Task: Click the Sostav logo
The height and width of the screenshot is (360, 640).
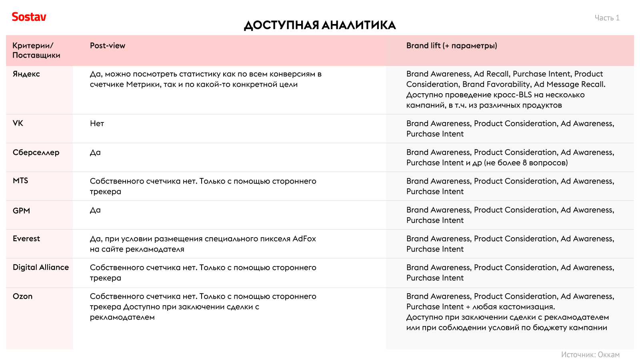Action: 29,17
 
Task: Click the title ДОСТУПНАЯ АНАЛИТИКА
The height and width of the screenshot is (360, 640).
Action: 320,25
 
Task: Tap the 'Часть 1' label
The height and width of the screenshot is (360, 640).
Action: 607,18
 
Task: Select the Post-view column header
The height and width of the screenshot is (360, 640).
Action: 107,46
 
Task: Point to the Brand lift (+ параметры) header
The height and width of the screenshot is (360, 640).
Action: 452,46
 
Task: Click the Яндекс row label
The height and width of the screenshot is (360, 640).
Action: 26,74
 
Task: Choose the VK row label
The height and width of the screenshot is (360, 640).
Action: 18,123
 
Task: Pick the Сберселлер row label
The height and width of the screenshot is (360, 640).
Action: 36,152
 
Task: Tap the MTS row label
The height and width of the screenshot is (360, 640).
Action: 20,181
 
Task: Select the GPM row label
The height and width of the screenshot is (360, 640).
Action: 21,211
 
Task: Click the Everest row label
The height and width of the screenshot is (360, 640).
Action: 26,239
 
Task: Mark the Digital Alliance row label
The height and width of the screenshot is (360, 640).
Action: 41,267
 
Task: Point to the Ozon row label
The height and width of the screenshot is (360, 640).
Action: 22,296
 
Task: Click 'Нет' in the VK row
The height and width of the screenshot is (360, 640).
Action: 97,124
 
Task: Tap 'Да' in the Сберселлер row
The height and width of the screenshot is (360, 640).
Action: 95,152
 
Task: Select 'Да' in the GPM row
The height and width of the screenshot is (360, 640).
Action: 95,210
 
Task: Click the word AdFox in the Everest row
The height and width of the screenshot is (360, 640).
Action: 304,239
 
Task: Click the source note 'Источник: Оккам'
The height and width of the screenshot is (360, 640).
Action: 590,355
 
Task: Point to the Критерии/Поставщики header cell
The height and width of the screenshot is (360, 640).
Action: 36,50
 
